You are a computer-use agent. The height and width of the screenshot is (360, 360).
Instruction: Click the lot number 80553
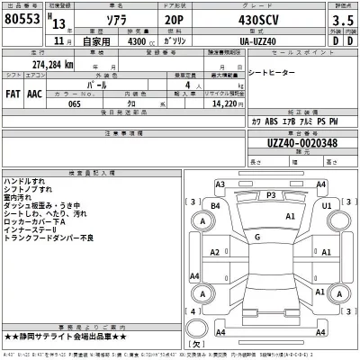[24, 20]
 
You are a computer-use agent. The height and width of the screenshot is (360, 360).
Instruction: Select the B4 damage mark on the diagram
[215, 205]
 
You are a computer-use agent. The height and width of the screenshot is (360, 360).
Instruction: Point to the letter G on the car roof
[258, 236]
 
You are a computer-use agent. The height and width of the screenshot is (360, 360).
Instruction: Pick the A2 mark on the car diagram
[215, 254]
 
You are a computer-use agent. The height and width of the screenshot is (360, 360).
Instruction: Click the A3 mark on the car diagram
[220, 184]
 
